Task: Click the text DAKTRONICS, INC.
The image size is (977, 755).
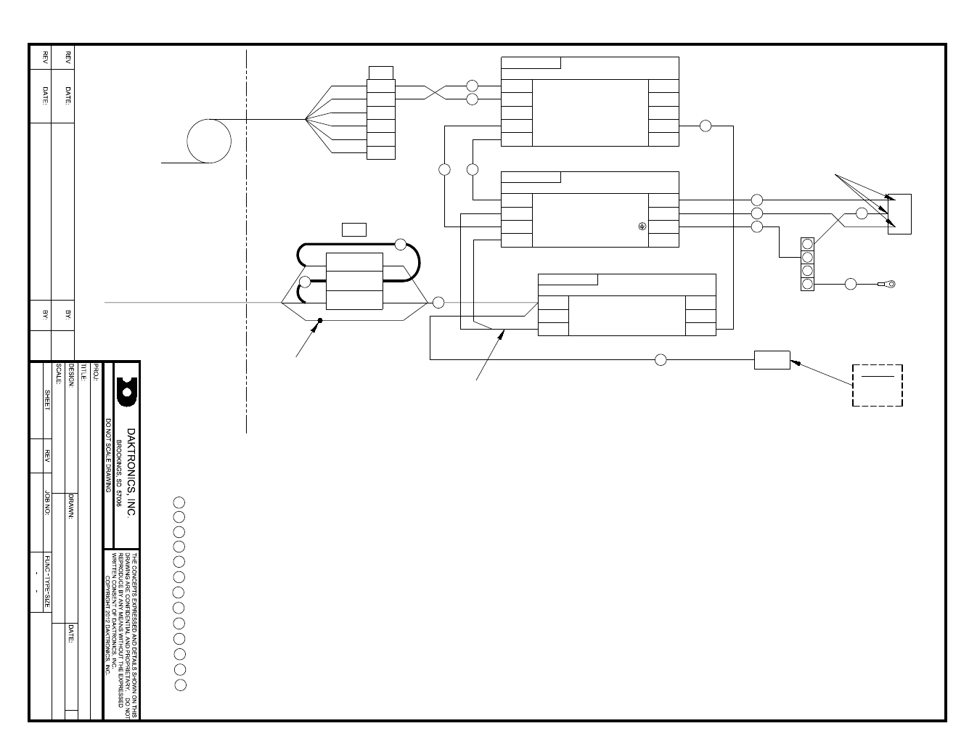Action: (131, 472)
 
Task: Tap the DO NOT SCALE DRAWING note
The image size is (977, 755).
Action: (108, 455)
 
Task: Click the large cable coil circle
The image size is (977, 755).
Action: (209, 141)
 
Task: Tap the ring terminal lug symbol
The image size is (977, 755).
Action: (888, 284)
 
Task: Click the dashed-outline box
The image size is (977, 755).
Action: (877, 385)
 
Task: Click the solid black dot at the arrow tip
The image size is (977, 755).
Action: (319, 320)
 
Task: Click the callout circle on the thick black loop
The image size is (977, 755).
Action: (400, 244)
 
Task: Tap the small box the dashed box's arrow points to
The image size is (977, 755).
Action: (772, 360)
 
